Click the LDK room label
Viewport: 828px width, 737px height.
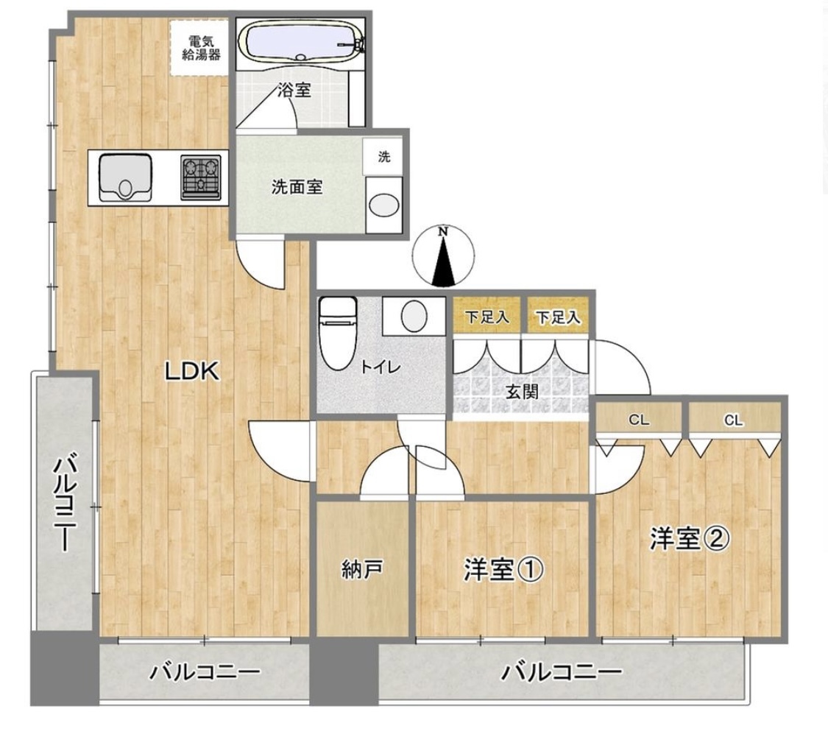191,371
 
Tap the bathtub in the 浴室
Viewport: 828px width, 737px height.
300,43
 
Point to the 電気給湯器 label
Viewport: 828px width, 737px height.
201,48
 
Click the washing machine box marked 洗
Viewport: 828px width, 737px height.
384,156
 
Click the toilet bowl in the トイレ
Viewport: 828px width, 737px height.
338,334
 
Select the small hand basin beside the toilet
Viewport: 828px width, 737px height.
414,317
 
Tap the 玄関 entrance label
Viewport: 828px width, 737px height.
523,392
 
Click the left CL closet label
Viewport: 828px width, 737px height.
639,420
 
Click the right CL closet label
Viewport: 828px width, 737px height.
734,420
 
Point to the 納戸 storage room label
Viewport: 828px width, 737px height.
362,570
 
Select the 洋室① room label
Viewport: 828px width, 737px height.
503,570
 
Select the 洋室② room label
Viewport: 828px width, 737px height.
690,538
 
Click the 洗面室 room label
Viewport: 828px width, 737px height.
297,187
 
